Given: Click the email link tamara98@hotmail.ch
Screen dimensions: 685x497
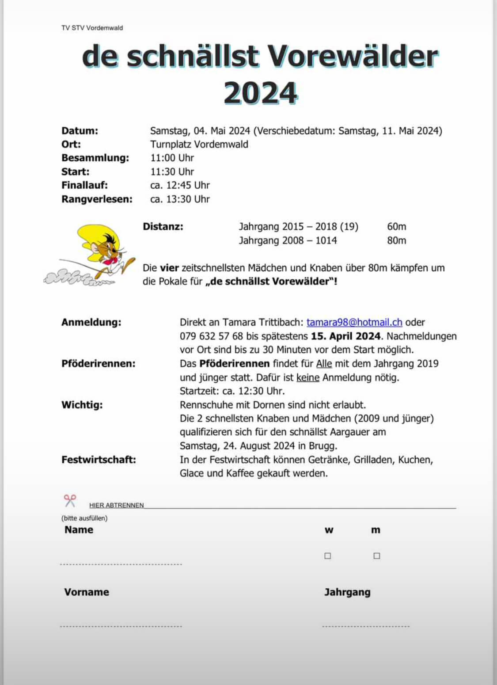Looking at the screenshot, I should coord(354,322).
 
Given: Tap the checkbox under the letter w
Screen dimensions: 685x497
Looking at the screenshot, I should coord(328,556).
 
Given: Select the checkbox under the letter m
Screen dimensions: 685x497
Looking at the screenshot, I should coord(376,556).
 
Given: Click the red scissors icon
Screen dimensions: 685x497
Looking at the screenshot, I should coord(70,501).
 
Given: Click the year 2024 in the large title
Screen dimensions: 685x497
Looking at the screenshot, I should coord(261,93).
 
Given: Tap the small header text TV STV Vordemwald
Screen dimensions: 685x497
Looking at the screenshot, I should coord(92,28).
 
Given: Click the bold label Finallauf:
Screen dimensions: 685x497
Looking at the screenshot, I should coord(84,185).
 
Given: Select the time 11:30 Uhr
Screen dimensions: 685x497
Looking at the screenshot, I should coord(172,171).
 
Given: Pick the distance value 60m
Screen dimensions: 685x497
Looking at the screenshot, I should coord(396,227).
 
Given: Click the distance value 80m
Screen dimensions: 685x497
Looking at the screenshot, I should coord(396,240).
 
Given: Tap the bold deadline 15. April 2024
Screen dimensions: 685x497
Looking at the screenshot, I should coord(345,336).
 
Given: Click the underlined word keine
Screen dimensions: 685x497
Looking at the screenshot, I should coord(307,377).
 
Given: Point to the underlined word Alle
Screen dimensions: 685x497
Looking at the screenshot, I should coord(324,364).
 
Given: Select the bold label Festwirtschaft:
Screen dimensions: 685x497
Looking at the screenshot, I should coord(99,460).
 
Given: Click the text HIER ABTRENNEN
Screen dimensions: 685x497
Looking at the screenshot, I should coord(116,505).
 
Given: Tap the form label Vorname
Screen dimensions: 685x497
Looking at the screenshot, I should coord(87,592).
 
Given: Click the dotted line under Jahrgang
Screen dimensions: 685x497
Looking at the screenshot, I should coord(366,626).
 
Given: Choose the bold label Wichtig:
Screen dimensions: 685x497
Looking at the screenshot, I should coord(82,405).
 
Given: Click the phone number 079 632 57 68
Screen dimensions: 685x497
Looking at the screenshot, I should coord(211,336).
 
